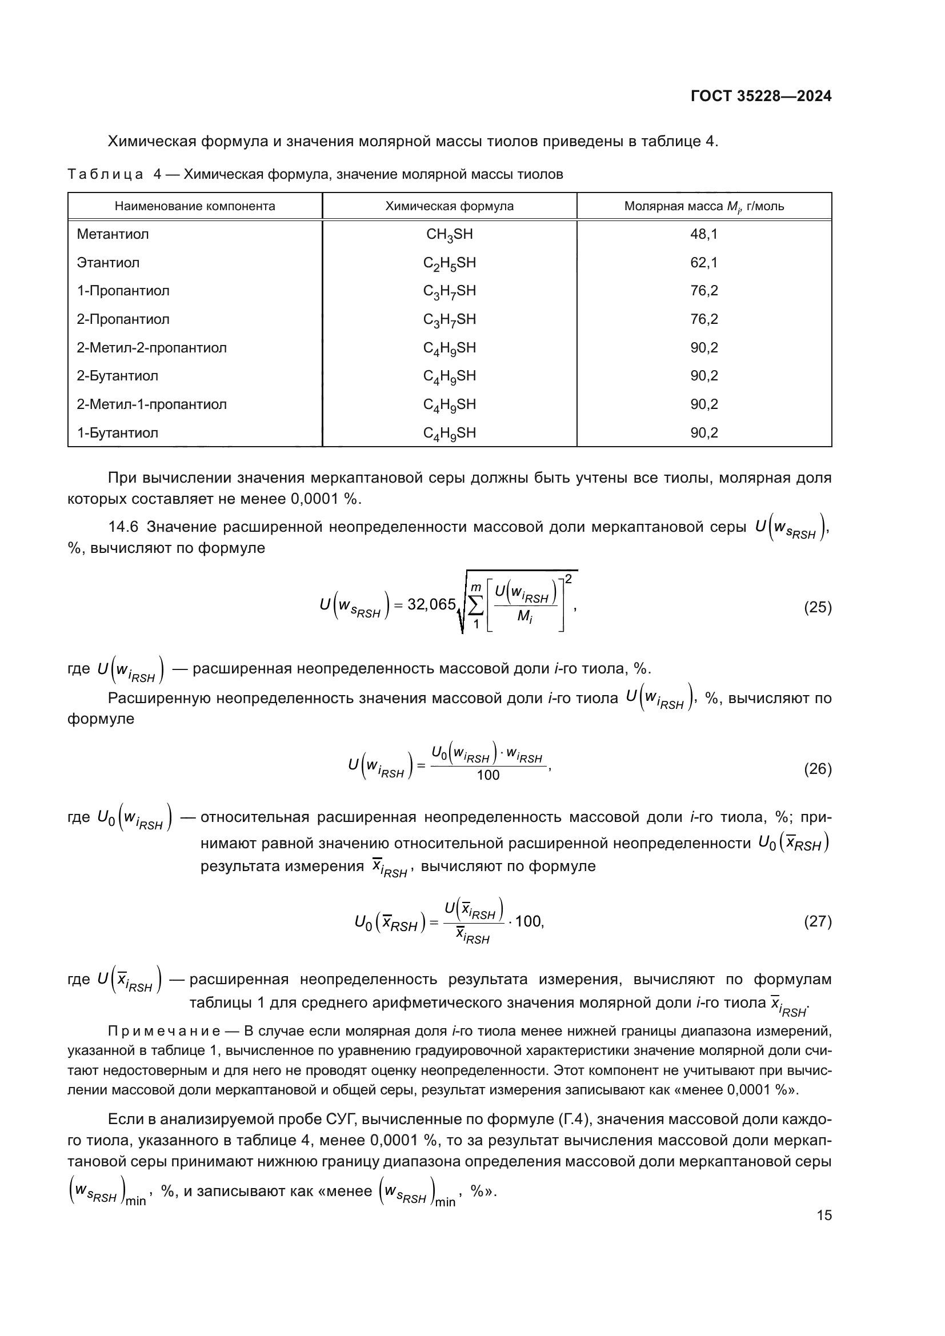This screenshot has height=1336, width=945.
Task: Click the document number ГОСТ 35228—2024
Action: pos(760,97)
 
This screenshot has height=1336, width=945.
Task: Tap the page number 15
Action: pos(824,1215)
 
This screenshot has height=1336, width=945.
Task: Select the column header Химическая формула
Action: pos(449,206)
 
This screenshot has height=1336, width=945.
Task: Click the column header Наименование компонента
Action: pos(195,206)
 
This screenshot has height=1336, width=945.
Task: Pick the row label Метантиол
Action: pos(113,235)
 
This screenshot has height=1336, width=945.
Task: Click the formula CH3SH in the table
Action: pos(449,235)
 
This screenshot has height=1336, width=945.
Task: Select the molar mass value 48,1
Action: pos(703,235)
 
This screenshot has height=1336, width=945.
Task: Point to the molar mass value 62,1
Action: pos(703,263)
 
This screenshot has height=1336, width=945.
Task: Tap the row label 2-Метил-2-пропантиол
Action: pos(152,348)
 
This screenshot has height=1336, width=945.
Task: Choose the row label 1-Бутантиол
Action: pos(118,433)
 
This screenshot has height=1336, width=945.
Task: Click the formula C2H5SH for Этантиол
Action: pos(449,263)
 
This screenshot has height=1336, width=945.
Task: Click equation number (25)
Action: pos(818,608)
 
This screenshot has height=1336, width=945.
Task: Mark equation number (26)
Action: pos(818,769)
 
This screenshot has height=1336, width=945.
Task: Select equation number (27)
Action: pos(818,921)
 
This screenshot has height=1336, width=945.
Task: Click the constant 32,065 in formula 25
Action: pos(431,604)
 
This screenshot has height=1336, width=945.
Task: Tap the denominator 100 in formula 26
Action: pos(487,776)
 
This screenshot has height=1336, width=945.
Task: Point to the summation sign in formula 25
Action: pos(475,605)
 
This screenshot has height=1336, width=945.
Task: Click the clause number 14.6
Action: pos(123,527)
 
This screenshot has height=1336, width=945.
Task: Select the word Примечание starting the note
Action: pos(164,1032)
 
